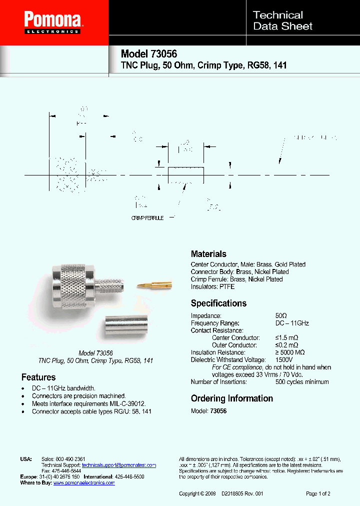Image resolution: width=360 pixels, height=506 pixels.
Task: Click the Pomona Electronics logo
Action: pyautogui.click(x=53, y=23)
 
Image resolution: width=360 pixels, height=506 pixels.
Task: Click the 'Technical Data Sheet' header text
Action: pyautogui.click(x=283, y=20)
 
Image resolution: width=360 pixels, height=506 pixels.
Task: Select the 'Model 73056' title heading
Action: pyautogui.click(x=149, y=54)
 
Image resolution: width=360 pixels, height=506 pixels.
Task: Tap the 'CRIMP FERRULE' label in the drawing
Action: pyautogui.click(x=147, y=218)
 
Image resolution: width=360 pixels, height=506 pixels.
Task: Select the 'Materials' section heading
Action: pyautogui.click(x=208, y=254)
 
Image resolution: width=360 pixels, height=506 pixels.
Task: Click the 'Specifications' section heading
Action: pyautogui.click(x=218, y=303)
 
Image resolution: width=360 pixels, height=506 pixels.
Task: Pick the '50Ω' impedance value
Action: pyautogui.click(x=281, y=316)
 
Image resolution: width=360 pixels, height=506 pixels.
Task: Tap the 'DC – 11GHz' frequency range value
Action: pyautogui.click(x=292, y=323)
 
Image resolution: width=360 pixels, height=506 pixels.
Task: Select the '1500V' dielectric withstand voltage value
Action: pyautogui.click(x=284, y=360)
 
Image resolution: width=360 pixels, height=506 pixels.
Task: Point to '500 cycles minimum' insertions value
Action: pyautogui.click(x=302, y=382)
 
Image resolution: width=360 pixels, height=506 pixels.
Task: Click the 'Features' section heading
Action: pyautogui.click(x=38, y=377)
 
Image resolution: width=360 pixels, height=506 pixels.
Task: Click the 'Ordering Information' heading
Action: pyautogui.click(x=232, y=398)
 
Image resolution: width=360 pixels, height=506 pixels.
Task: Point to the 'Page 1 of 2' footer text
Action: pyautogui.click(x=318, y=494)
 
